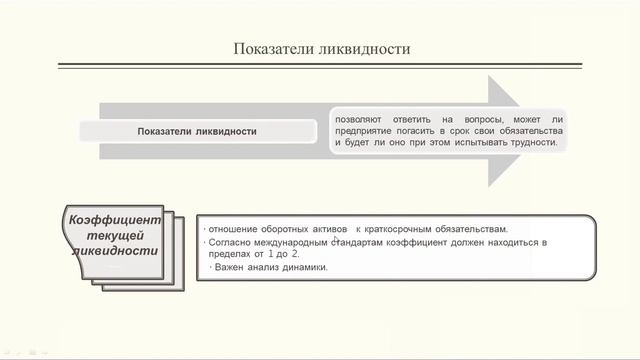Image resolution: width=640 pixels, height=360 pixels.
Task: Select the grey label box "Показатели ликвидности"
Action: (197, 131)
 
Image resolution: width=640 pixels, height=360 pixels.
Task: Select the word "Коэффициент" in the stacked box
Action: (112, 220)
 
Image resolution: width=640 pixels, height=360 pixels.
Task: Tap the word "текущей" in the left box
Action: (113, 234)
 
